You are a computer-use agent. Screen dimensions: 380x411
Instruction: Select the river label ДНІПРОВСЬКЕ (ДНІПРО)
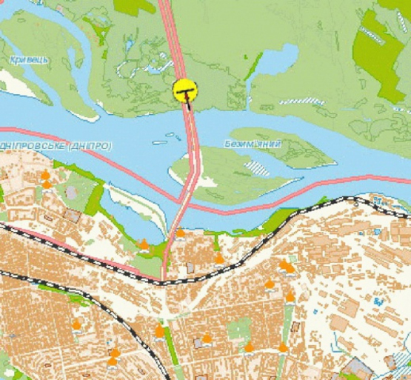click(56, 147)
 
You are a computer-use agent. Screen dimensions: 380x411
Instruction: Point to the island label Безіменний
click(252, 143)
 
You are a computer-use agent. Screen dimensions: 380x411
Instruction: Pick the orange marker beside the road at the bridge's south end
click(181, 234)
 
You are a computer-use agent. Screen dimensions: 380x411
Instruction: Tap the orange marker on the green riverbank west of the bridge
click(143, 243)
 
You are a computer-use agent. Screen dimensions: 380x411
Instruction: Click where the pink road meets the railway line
click(164, 280)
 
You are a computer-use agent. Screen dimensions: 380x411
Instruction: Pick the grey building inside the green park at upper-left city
click(72, 192)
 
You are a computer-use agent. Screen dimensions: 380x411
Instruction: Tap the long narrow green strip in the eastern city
click(287, 326)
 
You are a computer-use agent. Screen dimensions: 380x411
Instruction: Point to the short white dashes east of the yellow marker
click(300, 100)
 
